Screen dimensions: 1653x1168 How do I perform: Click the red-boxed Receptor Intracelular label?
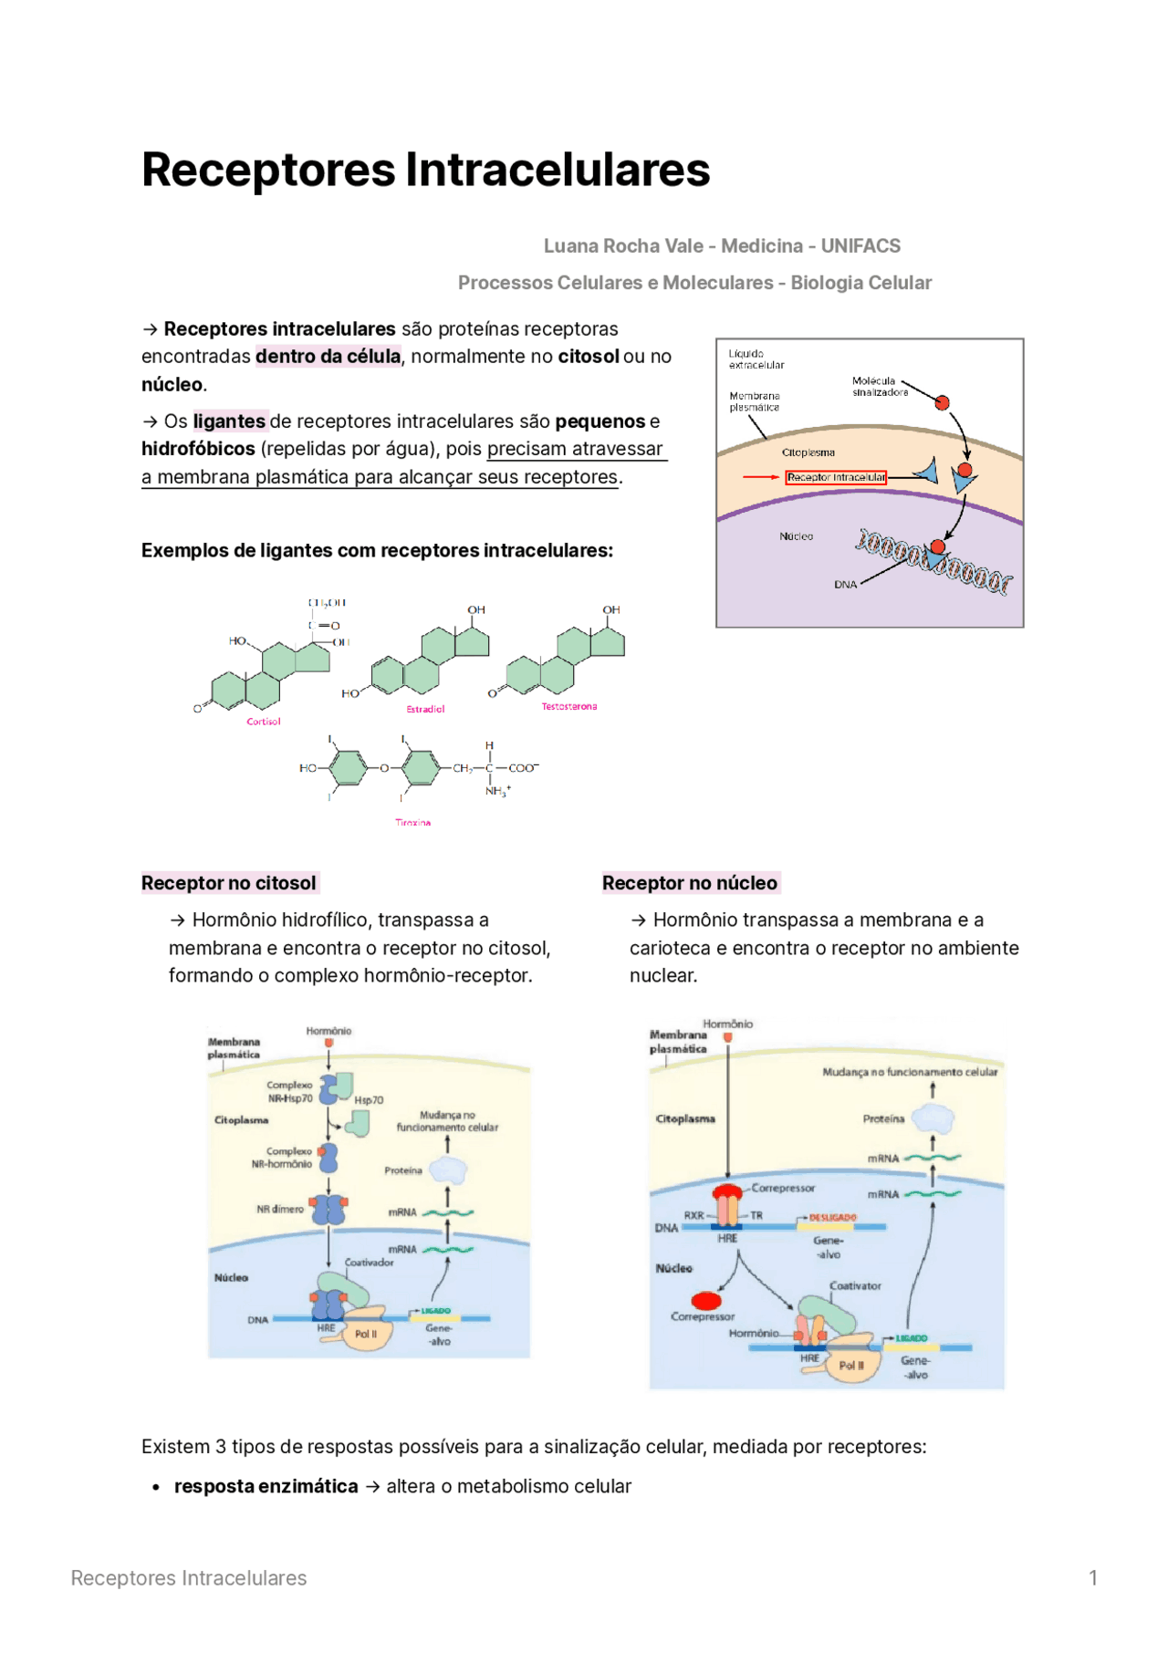click(x=835, y=477)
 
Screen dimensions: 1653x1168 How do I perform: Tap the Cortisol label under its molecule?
click(x=264, y=722)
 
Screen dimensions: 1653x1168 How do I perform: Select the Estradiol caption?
click(x=425, y=709)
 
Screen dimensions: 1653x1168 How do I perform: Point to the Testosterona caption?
click(x=568, y=706)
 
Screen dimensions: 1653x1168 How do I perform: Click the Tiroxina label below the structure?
click(x=412, y=823)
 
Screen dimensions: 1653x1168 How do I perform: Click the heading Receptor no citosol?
click(x=229, y=883)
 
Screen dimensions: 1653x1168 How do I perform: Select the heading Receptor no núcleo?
click(x=690, y=883)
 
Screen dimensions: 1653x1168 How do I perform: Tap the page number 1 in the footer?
click(x=1092, y=1578)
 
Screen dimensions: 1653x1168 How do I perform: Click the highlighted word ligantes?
click(x=229, y=421)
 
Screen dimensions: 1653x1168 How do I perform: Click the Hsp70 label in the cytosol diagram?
click(x=369, y=1100)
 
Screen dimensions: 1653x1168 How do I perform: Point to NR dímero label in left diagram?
click(x=279, y=1209)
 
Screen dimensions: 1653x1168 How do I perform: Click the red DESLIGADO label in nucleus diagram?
click(x=832, y=1218)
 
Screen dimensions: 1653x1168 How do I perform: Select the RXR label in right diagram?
click(x=693, y=1216)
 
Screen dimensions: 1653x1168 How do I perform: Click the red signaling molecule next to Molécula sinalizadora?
click(x=943, y=402)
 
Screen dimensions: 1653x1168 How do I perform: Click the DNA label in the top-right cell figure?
click(x=845, y=585)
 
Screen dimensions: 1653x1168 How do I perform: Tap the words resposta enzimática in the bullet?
click(x=266, y=1487)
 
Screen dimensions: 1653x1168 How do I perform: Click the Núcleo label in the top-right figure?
click(x=796, y=536)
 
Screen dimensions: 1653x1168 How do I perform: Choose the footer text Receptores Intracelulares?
click(x=189, y=1578)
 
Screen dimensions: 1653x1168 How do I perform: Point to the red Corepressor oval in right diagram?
click(x=706, y=1300)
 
